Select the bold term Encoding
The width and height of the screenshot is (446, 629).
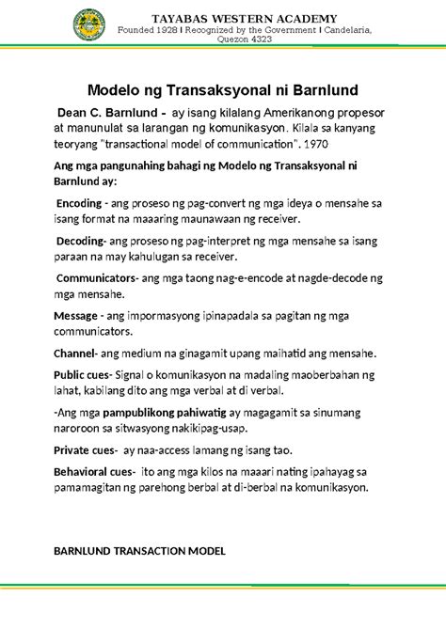pyautogui.click(x=80, y=202)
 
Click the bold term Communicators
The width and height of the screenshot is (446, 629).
pyautogui.click(x=97, y=278)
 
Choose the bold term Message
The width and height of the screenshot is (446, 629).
pyautogui.click(x=75, y=315)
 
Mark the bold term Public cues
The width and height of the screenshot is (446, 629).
pyautogui.click(x=85, y=374)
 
